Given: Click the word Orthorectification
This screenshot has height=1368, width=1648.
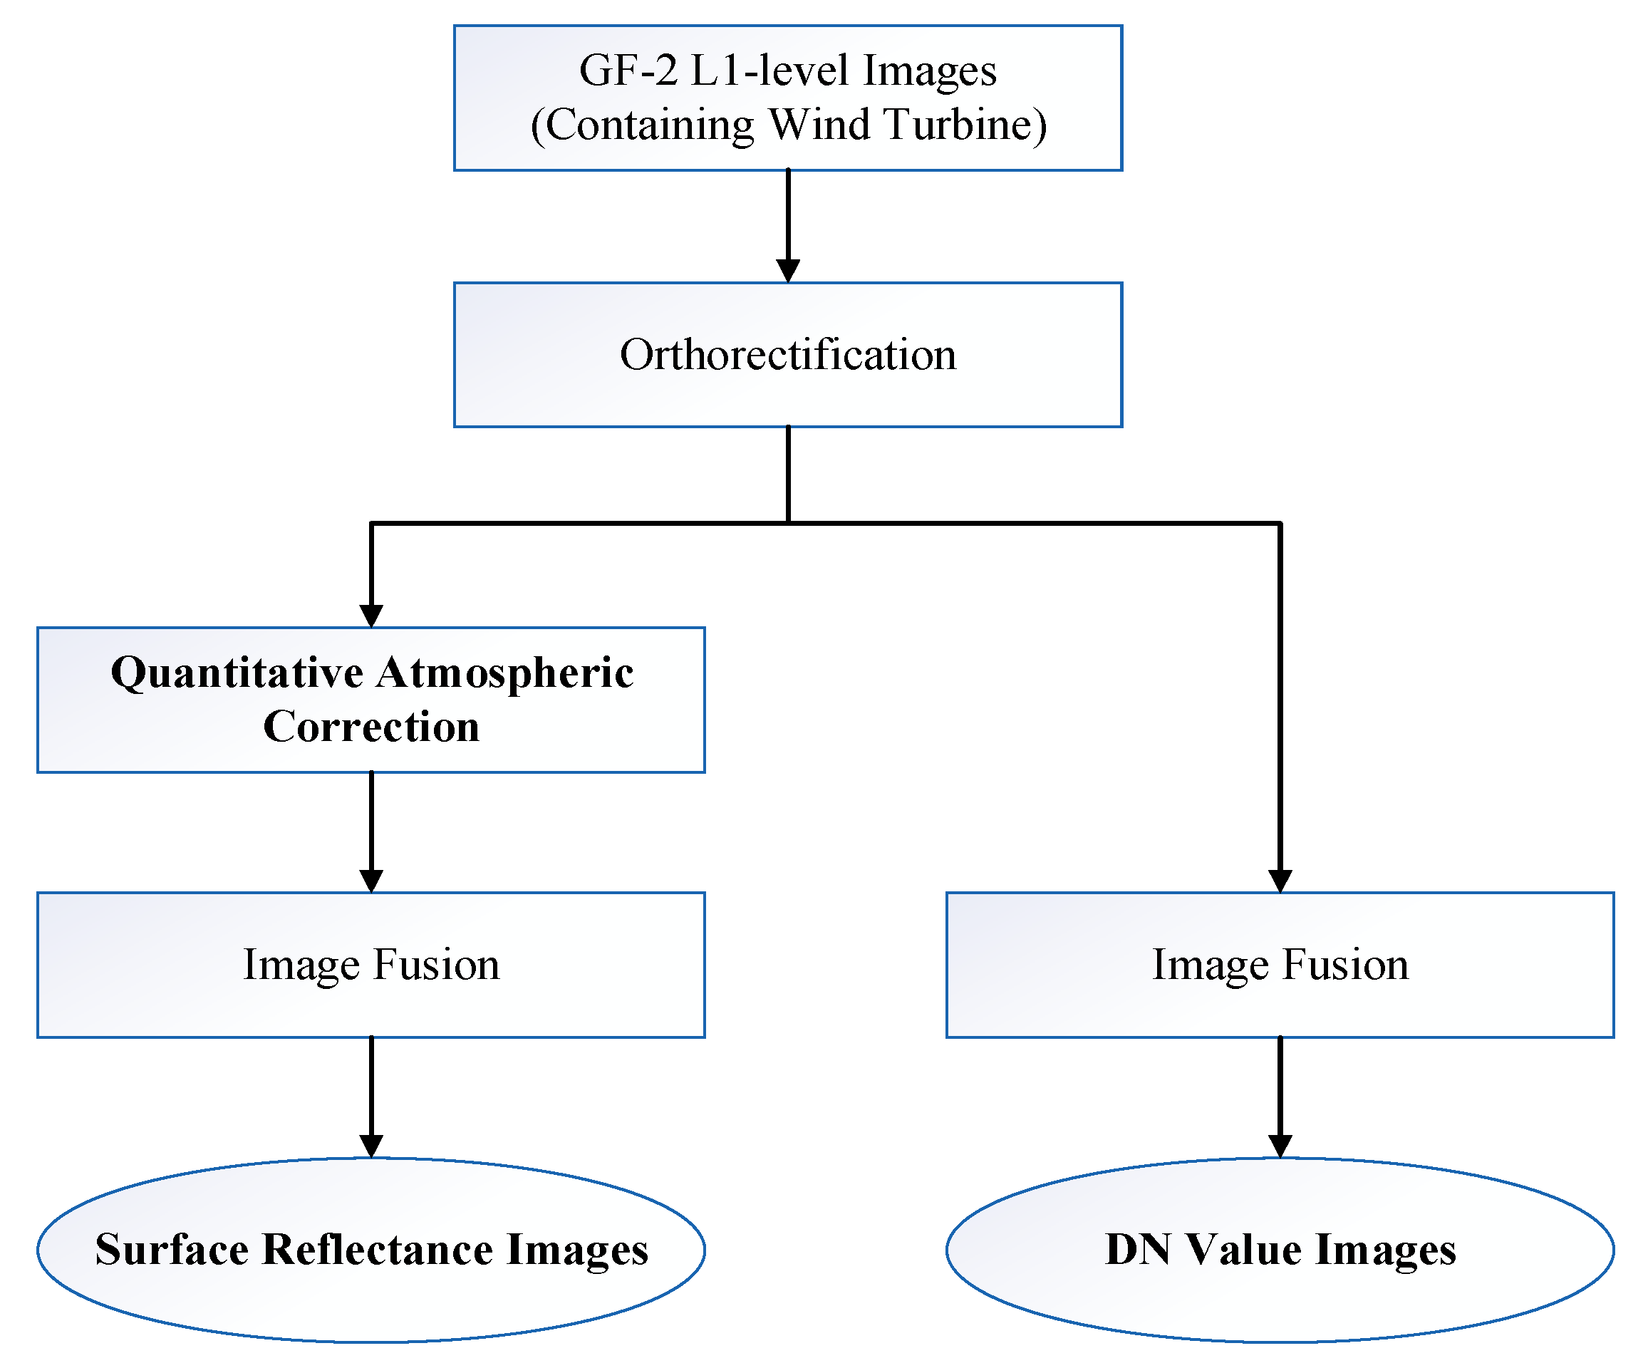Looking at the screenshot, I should point(788,355).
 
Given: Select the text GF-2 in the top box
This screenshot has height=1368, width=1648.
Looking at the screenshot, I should point(628,71).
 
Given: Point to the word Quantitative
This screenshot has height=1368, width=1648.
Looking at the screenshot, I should point(237,674).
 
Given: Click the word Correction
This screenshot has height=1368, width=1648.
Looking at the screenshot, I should point(371,727).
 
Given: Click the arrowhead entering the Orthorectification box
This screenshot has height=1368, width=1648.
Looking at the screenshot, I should point(788,271).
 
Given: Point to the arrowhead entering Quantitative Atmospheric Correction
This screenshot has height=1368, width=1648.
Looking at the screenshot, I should point(371,616).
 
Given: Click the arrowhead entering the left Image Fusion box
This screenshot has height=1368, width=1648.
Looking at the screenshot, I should point(371,881).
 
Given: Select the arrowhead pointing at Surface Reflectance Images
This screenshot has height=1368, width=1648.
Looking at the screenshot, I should point(371,1146).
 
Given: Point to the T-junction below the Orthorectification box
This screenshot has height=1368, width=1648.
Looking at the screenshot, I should point(788,523).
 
